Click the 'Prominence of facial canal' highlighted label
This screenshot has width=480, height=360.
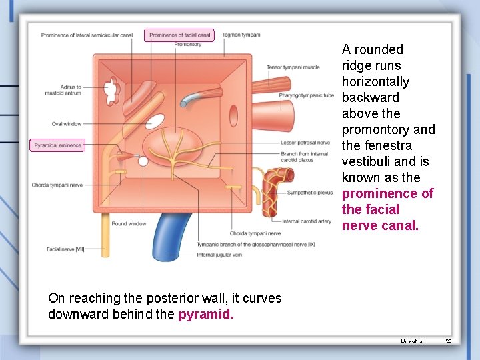(179, 35)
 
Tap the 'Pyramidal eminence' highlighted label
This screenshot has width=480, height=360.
(58, 145)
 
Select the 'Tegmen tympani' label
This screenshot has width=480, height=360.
(241, 35)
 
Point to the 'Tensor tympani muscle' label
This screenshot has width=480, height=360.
(293, 67)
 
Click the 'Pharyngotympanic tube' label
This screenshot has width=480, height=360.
(306, 95)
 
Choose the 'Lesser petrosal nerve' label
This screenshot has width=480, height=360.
(305, 142)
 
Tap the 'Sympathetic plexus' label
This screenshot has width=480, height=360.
(309, 193)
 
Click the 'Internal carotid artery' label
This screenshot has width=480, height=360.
(307, 221)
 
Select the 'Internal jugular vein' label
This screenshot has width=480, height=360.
(219, 255)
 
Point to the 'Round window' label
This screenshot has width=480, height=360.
(129, 224)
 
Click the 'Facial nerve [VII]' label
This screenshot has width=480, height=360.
(65, 249)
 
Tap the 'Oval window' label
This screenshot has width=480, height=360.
(67, 124)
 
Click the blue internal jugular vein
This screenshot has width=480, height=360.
(167, 240)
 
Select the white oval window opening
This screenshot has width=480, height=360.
(155, 121)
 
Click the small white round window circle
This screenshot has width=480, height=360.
(143, 161)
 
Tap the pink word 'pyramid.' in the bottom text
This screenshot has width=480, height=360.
(206, 314)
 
